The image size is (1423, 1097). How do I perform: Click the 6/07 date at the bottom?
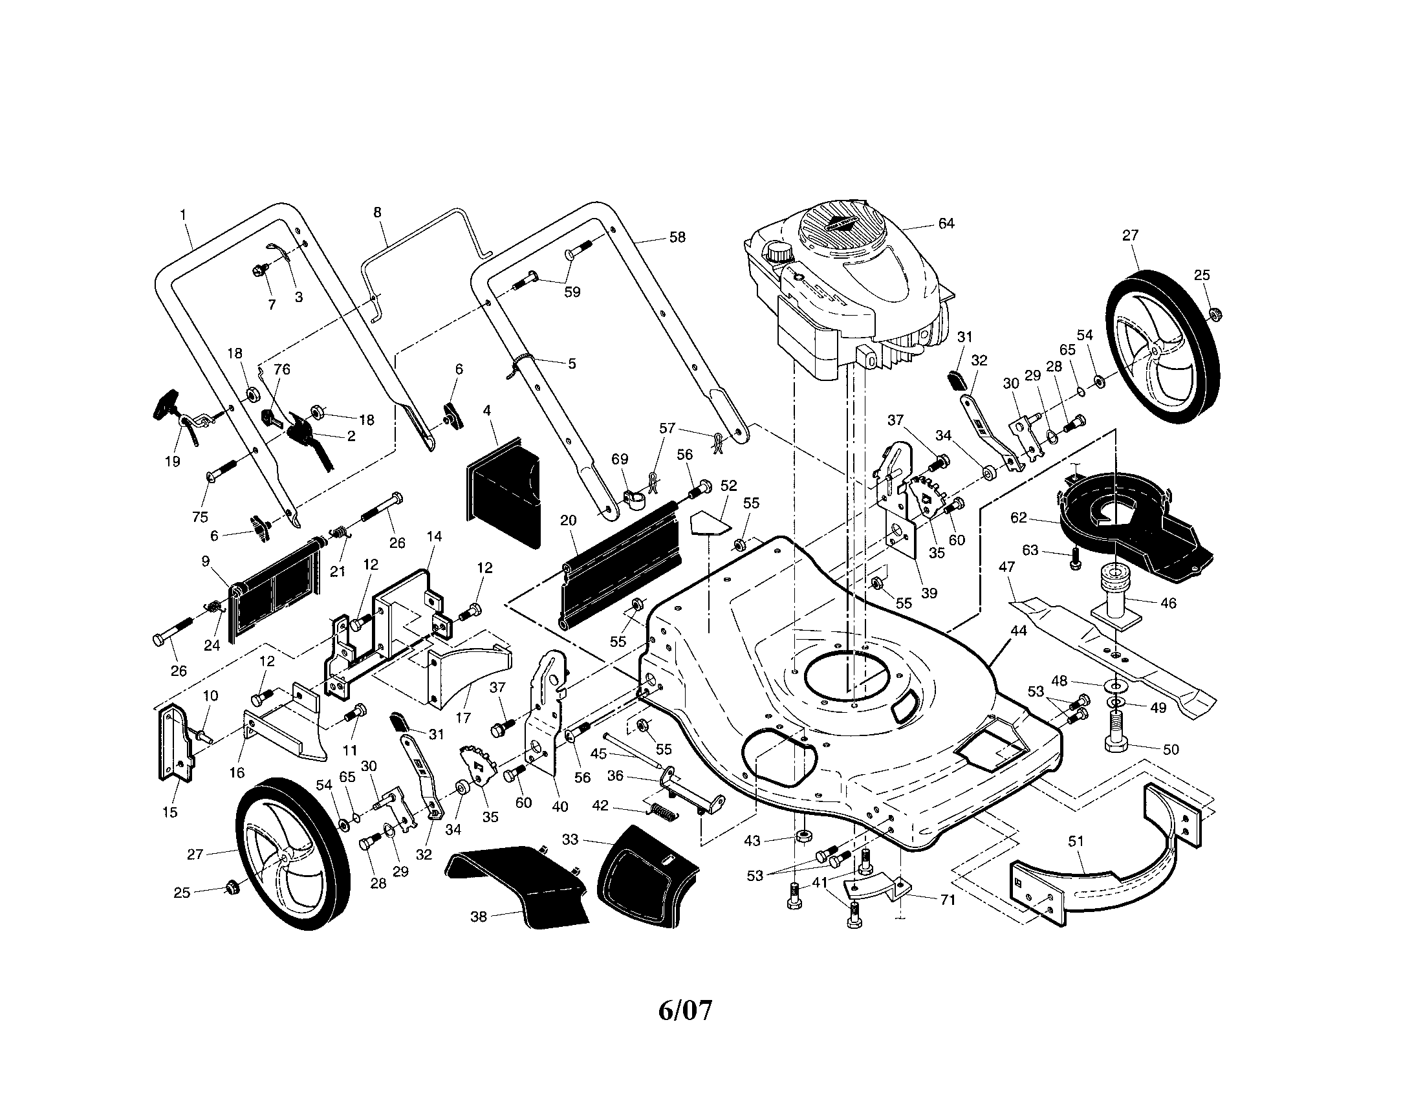[x=685, y=1010]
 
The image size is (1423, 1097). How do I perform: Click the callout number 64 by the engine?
[x=946, y=223]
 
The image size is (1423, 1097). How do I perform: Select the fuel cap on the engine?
[x=777, y=252]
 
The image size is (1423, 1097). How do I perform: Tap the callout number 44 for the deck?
[x=1018, y=631]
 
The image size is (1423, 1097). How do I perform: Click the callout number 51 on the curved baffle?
[x=1075, y=842]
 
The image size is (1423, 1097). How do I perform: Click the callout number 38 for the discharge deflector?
[x=478, y=917]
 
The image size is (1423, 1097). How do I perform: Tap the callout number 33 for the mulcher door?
[x=569, y=840]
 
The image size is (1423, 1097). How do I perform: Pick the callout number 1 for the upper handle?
[x=183, y=213]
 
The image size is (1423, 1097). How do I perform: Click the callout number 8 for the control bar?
[x=377, y=212]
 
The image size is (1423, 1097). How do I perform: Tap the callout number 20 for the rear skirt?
[x=568, y=520]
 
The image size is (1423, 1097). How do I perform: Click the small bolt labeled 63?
[x=1076, y=558]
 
